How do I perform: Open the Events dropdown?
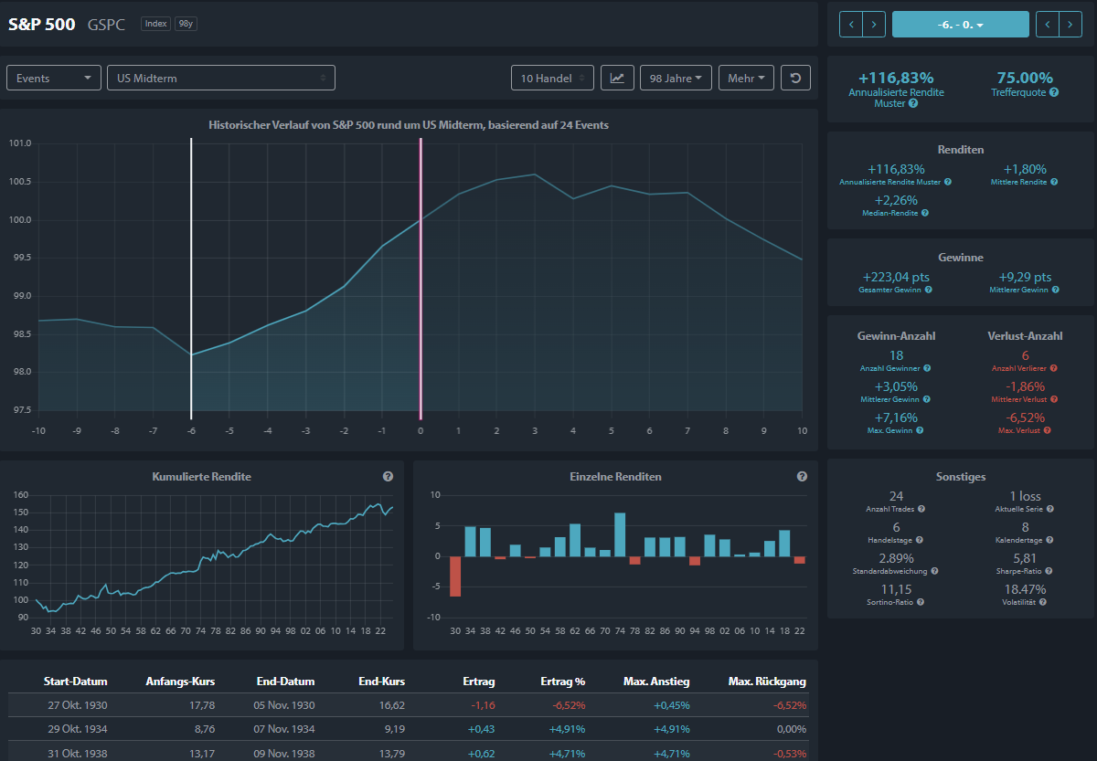53,78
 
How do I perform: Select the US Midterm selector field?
221,78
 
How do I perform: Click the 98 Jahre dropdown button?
676,78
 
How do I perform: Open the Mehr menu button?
746,78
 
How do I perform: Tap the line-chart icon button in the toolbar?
617,78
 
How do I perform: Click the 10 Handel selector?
552,78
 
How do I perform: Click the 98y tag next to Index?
186,24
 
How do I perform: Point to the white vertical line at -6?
191,279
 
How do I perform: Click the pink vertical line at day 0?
421,279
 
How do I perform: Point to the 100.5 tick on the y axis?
19,182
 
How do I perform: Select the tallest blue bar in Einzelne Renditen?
620,534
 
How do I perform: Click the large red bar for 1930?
455,576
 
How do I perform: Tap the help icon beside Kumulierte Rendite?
388,476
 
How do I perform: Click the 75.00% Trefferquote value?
1025,78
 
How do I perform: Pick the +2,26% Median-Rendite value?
896,200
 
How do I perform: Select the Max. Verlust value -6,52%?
1025,417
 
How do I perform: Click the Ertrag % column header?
563,682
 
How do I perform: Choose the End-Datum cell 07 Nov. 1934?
284,729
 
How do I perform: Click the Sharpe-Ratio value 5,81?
1025,558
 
